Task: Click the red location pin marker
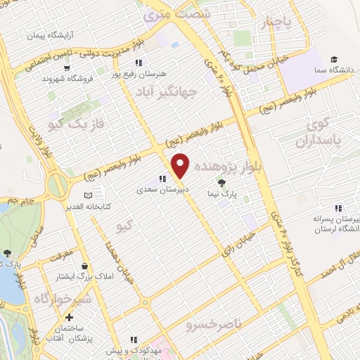(x=181, y=165)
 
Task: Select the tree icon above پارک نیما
(x=223, y=183)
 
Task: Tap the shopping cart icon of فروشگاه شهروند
(x=67, y=69)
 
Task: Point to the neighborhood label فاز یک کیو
(x=78, y=124)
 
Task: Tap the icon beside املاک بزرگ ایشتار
(x=85, y=267)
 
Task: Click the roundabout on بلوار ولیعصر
(x=58, y=186)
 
